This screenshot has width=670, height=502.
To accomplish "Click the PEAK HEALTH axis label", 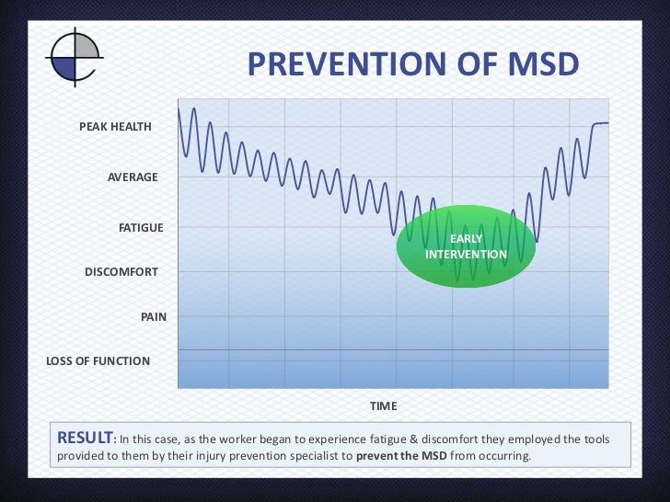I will coord(115,127).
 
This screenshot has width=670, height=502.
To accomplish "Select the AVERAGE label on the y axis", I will coord(133,177).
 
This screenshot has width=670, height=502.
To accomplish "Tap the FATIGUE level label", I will coord(141,227).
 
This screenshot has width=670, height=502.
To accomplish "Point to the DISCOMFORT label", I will coord(121,272).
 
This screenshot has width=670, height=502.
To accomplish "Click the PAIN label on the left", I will coord(153,316).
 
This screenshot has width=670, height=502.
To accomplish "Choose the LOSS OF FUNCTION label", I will coord(98,361).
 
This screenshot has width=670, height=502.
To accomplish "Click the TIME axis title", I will coord(383,405).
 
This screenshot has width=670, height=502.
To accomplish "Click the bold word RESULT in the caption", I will coord(85,438).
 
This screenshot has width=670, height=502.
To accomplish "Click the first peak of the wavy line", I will coord(193,108).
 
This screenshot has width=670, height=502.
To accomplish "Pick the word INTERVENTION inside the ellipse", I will coord(466,254).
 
